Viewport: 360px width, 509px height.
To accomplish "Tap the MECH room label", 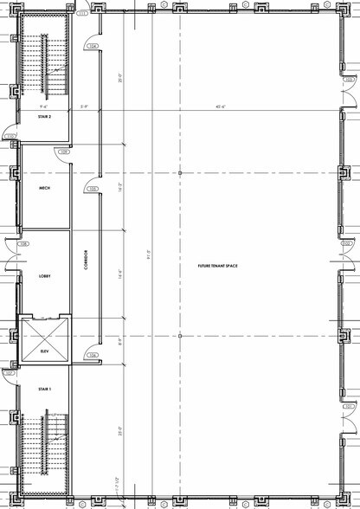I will click(x=43, y=187).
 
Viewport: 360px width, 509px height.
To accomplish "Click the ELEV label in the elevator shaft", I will click(x=44, y=352).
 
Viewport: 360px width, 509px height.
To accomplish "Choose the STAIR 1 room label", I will click(x=45, y=390).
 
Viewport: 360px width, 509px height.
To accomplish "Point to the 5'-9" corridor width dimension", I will click(x=85, y=107).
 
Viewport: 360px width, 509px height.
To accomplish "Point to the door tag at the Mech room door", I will click(x=63, y=152).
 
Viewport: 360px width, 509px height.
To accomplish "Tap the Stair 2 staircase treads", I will click(x=55, y=65).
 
